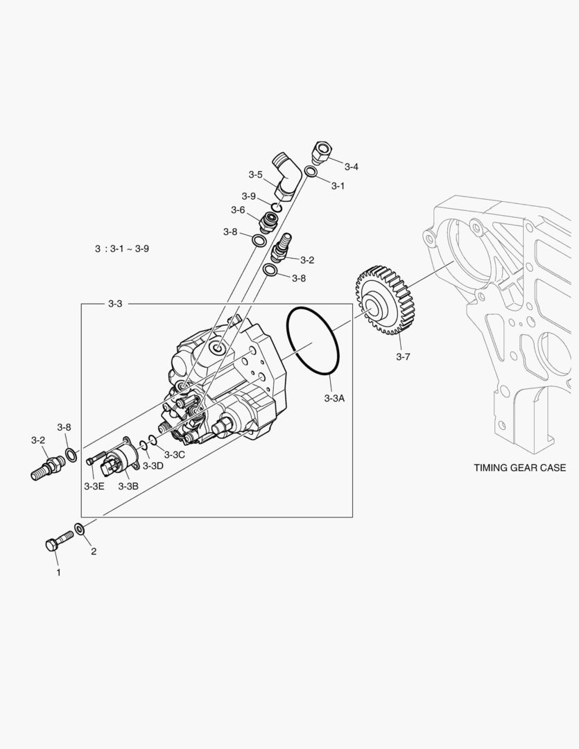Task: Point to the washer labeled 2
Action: (x=80, y=531)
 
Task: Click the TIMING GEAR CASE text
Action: (x=519, y=467)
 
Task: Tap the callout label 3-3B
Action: (x=128, y=486)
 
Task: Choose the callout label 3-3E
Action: (x=94, y=486)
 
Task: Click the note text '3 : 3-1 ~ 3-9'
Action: (x=122, y=248)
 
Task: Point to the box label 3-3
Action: (x=116, y=304)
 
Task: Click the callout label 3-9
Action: (x=249, y=196)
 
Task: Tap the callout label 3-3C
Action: (x=175, y=455)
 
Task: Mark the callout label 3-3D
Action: (x=153, y=465)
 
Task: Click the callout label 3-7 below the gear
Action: (x=403, y=356)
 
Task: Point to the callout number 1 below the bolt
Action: (x=58, y=573)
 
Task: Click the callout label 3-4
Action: (x=352, y=166)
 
